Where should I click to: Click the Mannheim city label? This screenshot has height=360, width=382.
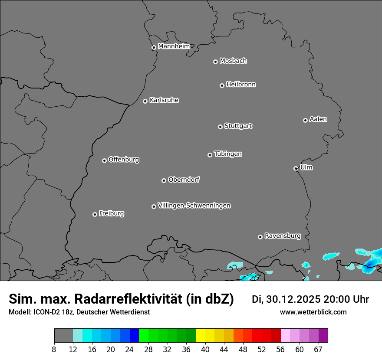pyautogui.click(x=174, y=46)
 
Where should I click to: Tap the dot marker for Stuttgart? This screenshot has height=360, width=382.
pyautogui.click(x=220, y=127)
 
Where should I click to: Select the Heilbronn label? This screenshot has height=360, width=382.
pyautogui.click(x=241, y=84)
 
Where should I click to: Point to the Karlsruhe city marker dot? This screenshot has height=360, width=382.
pyautogui.click(x=145, y=101)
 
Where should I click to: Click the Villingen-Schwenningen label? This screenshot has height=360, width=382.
pyautogui.click(x=194, y=205)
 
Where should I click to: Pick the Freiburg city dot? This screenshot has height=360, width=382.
pyautogui.click(x=95, y=214)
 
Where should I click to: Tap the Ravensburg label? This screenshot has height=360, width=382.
pyautogui.click(x=282, y=236)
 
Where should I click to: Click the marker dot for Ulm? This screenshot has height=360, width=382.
pyautogui.click(x=296, y=168)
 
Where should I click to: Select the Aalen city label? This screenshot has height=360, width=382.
pyautogui.click(x=318, y=119)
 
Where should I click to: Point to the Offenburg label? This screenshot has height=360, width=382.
pyautogui.click(x=124, y=159)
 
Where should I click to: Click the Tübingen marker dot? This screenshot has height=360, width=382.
pyautogui.click(x=210, y=155)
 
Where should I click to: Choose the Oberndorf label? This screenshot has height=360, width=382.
pyautogui.click(x=184, y=179)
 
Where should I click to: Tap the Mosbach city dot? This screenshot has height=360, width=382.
pyautogui.click(x=215, y=62)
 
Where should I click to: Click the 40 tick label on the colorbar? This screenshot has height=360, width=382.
pyautogui.click(x=205, y=349)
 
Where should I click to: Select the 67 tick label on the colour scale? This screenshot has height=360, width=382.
pyautogui.click(x=318, y=349)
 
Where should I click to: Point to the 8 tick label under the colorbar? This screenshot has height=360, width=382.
pyautogui.click(x=54, y=349)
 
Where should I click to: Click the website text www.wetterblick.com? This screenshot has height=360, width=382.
pyautogui.click(x=313, y=312)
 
